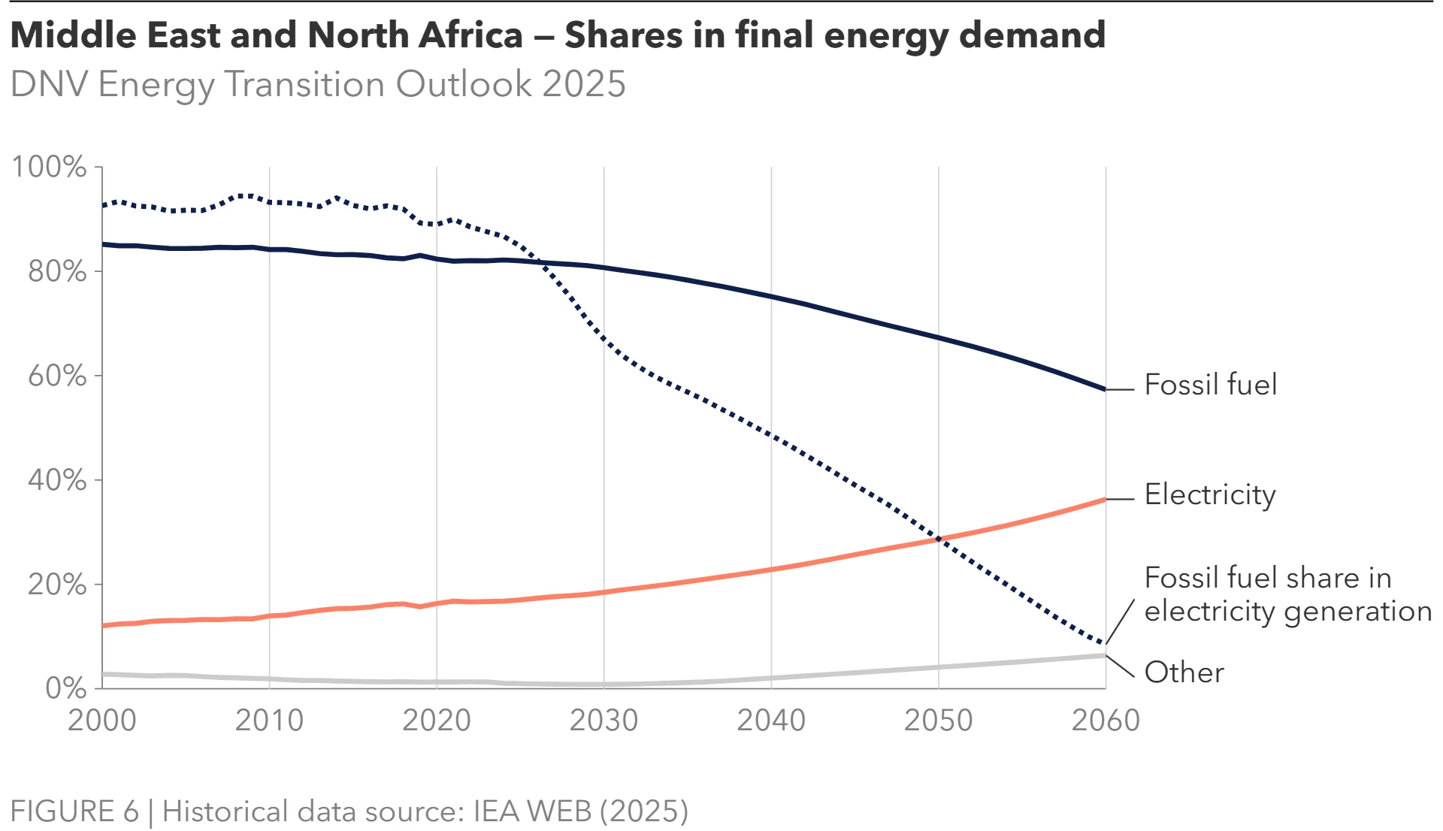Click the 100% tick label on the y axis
point(49,167)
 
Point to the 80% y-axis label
point(57,271)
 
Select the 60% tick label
point(57,376)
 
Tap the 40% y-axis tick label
point(57,480)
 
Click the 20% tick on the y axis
point(57,585)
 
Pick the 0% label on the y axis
point(66,688)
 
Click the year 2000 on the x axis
point(102,721)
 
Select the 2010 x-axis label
point(269,721)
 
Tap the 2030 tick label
point(604,721)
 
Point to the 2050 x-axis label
point(938,721)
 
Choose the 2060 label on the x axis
point(1106,721)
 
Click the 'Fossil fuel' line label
point(1210,385)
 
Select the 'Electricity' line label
point(1210,495)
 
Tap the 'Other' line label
point(1184,672)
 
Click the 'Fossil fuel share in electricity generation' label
point(1287,594)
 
